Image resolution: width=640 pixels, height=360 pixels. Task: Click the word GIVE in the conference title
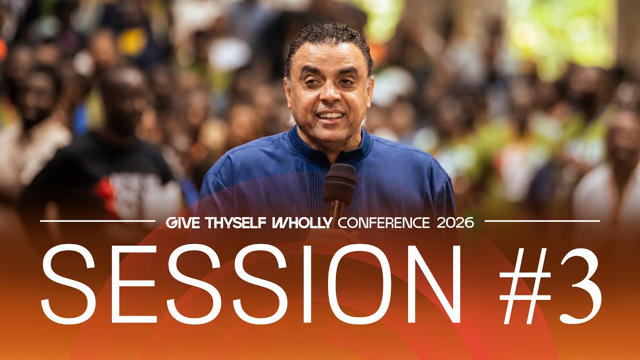[183, 222]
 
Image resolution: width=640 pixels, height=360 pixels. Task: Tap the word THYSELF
[235, 222]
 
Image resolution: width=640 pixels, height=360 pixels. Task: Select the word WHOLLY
[302, 222]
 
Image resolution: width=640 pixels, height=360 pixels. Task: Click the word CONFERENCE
[383, 222]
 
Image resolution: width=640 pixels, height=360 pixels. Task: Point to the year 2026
[455, 222]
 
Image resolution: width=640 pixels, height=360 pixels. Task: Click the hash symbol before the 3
[525, 286]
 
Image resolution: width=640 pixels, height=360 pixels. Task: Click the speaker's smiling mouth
[330, 116]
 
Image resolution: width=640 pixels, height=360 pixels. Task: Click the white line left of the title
[97, 221]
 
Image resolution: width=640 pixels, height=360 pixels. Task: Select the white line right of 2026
[542, 221]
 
